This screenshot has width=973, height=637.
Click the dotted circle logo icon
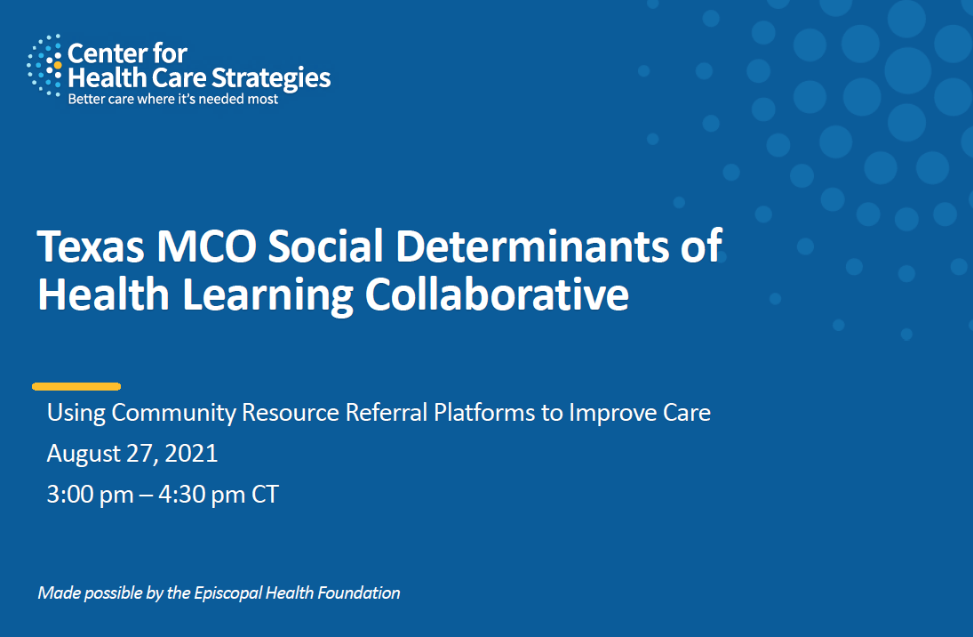pyautogui.click(x=44, y=65)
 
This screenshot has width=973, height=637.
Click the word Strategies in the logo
pyautogui.click(x=270, y=79)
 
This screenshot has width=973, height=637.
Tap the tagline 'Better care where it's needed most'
pyautogui.click(x=173, y=99)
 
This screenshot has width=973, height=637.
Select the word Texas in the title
pyautogui.click(x=91, y=246)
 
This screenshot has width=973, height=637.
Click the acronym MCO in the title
pyautogui.click(x=207, y=246)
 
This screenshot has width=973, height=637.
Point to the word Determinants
pyautogui.click(x=531, y=246)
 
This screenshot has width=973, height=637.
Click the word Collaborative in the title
pyautogui.click(x=497, y=294)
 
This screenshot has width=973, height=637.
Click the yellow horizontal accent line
pyautogui.click(x=76, y=386)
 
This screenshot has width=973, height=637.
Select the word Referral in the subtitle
pyautogui.click(x=387, y=413)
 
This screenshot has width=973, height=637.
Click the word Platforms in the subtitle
pyautogui.click(x=484, y=413)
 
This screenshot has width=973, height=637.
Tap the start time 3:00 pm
pyautogui.click(x=90, y=495)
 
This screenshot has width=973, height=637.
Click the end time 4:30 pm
pyautogui.click(x=202, y=495)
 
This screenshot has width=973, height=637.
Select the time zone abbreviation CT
pyautogui.click(x=265, y=495)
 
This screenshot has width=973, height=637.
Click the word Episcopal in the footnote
pyautogui.click(x=227, y=593)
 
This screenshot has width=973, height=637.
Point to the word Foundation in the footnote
pyautogui.click(x=359, y=593)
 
